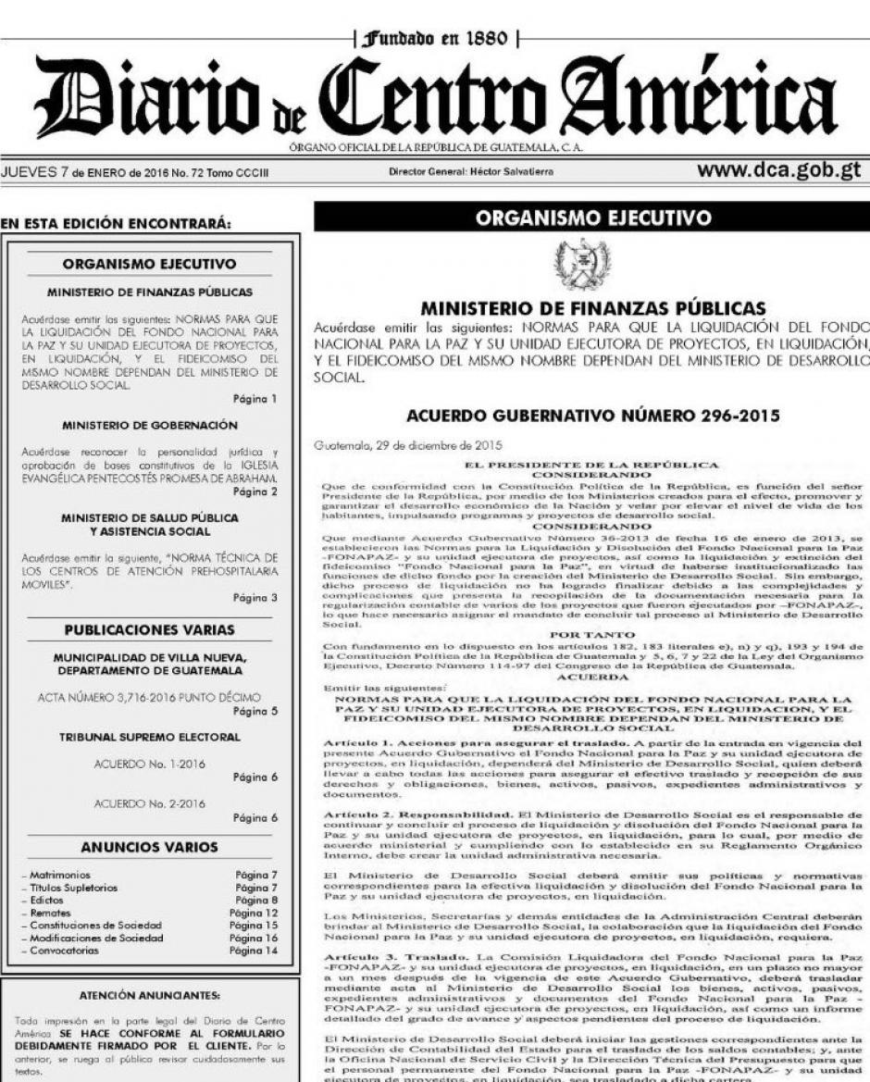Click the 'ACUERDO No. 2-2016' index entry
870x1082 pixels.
(150, 803)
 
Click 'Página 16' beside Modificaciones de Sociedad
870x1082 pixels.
(252, 938)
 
